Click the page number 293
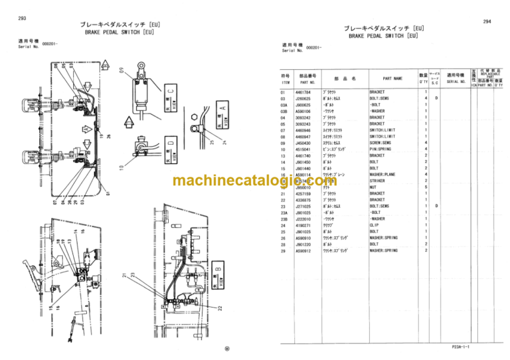click(x=23, y=18)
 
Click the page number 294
click(x=487, y=21)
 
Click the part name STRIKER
click(x=377, y=181)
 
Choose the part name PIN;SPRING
click(x=383, y=149)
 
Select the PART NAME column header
click(x=392, y=78)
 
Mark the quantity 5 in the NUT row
click(x=426, y=187)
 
